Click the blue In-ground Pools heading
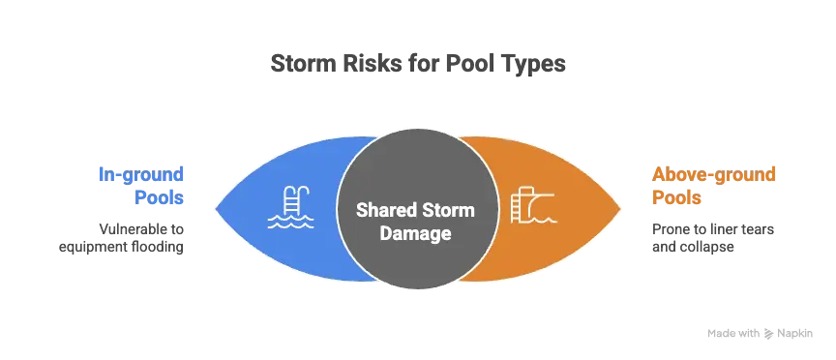click(140, 186)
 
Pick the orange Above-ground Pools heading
click(713, 186)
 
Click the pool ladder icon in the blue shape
click(290, 207)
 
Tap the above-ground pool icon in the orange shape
click(534, 205)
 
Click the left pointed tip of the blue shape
click(216, 208)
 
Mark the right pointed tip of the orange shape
click(621, 208)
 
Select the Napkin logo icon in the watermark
click(769, 334)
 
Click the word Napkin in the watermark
click(795, 334)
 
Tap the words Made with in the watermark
click(733, 334)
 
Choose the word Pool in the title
click(471, 64)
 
